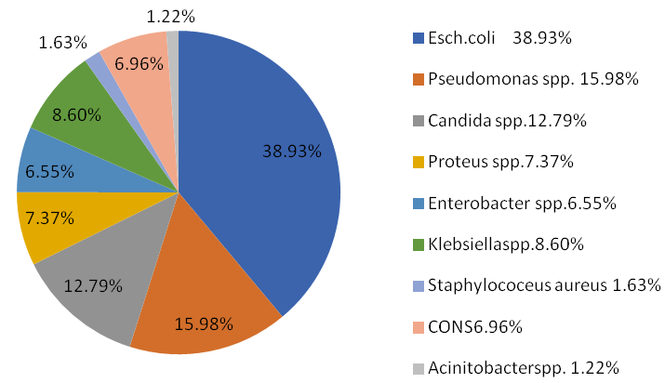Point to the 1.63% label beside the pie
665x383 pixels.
click(x=63, y=42)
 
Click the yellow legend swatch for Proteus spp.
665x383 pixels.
click(x=417, y=162)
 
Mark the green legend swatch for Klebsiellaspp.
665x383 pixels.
click(x=417, y=244)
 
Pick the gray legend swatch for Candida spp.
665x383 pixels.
click(x=417, y=121)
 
